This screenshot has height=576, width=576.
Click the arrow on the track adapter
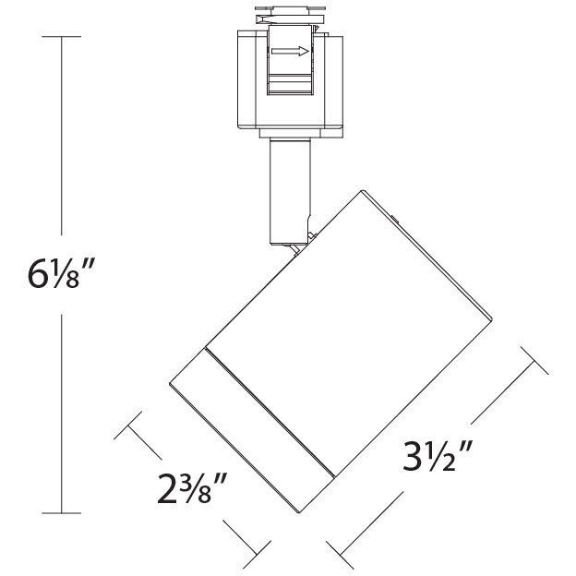point(294,53)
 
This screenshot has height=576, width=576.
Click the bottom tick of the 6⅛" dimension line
point(63,511)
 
